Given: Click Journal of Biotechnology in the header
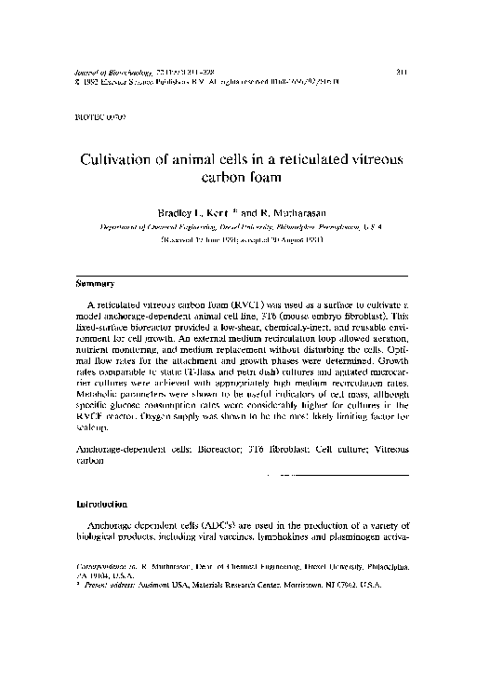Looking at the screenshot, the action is (x=112, y=71).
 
